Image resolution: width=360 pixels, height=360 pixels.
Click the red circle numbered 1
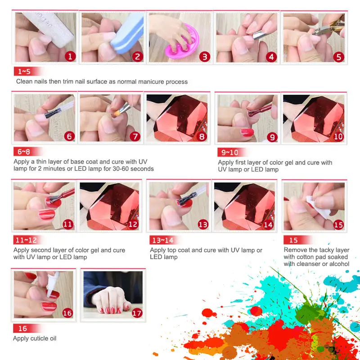click(x=70, y=56)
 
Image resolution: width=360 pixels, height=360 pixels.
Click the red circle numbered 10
click(x=338, y=136)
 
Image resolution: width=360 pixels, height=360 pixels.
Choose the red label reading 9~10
click(x=229, y=152)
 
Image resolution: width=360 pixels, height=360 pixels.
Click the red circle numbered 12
click(x=133, y=224)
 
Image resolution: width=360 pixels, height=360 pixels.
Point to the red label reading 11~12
click(x=25, y=240)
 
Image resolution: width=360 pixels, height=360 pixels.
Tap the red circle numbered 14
click(x=268, y=224)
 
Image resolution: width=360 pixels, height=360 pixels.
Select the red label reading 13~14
click(x=161, y=240)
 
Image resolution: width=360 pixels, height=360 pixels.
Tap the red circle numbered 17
click(x=137, y=312)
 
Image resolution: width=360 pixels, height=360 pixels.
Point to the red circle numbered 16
click(x=67, y=312)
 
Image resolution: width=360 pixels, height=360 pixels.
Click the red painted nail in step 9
click(x=247, y=132)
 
